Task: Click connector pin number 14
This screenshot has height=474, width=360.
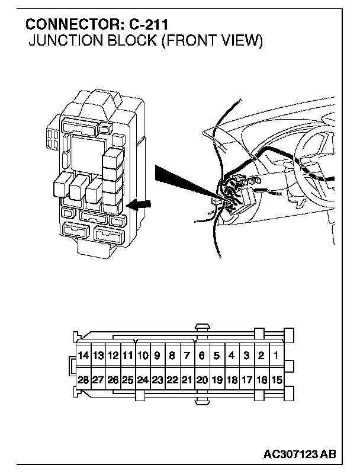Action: [x=83, y=356]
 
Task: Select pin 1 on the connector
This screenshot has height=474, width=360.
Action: [x=277, y=356]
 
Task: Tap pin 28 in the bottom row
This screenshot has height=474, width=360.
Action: [x=83, y=380]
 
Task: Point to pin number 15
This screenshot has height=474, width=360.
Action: [x=277, y=380]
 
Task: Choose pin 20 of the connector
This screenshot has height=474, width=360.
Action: [x=202, y=380]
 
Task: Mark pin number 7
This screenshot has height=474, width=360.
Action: [x=187, y=356]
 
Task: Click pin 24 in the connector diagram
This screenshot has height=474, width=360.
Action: [x=143, y=380]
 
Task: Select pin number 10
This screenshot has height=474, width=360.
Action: [x=143, y=356]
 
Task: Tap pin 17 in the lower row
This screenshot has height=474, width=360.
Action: [x=247, y=380]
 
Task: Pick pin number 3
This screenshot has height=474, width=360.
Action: [x=247, y=356]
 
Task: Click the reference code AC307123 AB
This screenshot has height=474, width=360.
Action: [x=300, y=455]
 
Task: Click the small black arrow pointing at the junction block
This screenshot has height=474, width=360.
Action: [x=140, y=205]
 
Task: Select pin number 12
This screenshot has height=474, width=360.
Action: [x=113, y=356]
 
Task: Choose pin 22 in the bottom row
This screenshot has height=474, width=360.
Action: [x=172, y=380]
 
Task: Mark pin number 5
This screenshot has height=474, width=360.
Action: [x=217, y=356]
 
